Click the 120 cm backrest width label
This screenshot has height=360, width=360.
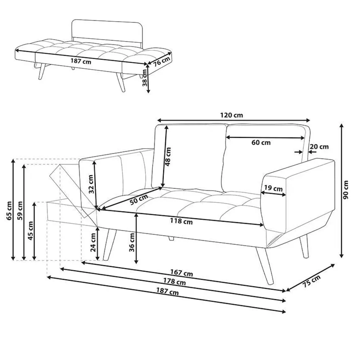(231, 115)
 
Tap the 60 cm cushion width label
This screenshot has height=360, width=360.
(261, 143)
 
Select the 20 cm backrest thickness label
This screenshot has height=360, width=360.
(319, 147)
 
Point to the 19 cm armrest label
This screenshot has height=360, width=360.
(273, 188)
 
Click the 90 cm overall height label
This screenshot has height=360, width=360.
(346, 190)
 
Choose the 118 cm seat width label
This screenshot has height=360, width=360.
(181, 221)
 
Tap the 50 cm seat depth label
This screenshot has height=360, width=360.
(139, 199)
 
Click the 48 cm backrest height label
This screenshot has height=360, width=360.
(168, 157)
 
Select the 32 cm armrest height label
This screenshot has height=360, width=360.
(91, 184)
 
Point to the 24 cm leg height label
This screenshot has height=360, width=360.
(93, 242)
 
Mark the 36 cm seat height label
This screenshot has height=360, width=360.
(132, 242)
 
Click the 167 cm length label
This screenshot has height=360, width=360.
(181, 273)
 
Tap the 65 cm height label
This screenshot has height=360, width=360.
(9, 211)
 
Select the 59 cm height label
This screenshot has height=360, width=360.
(20, 211)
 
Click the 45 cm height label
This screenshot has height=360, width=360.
(31, 231)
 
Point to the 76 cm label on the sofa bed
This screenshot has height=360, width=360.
(162, 61)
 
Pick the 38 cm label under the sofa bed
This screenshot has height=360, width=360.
(145, 78)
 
